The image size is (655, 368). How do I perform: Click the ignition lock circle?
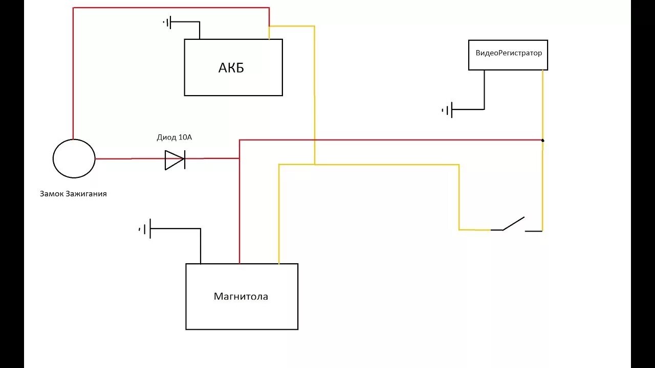pyautogui.click(x=74, y=158)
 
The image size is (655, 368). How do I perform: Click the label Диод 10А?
pyautogui.click(x=174, y=137)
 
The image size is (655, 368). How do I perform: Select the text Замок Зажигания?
pyautogui.click(x=73, y=194)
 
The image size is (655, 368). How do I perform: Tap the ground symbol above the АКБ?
pyautogui.click(x=168, y=22)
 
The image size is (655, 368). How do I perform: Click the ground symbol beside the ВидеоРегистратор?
pyautogui.click(x=447, y=109)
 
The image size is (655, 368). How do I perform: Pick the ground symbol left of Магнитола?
pyautogui.click(x=145, y=229)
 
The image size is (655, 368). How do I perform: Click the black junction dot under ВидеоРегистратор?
pyautogui.click(x=542, y=140)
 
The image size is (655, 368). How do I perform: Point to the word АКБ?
pyautogui.click(x=231, y=68)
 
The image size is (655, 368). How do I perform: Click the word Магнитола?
pyautogui.click(x=241, y=296)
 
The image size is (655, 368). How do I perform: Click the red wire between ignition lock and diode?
pyautogui.click(x=128, y=159)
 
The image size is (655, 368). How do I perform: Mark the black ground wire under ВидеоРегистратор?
pyautogui.click(x=484, y=92)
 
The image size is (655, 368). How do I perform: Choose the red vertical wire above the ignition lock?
pyautogui.click(x=73, y=77)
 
